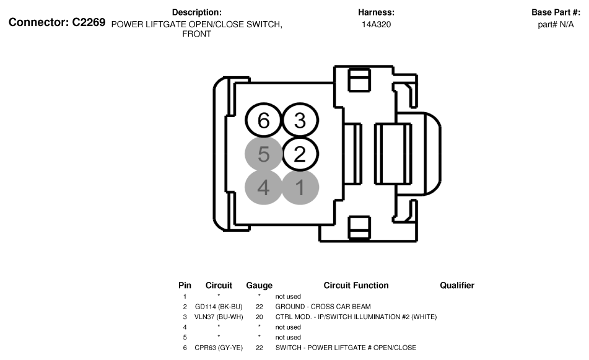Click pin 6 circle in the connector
tap(264, 121)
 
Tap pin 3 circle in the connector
tap(300, 120)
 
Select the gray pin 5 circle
tap(264, 154)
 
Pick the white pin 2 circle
tap(300, 154)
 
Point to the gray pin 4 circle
tap(264, 187)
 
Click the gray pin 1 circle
tap(300, 187)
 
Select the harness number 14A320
tap(376, 25)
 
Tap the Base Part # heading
tap(556, 12)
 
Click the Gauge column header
tap(259, 286)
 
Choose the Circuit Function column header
tap(356, 286)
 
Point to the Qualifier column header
tap(457, 286)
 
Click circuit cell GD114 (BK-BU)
tap(219, 307)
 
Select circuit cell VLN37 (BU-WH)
tap(219, 317)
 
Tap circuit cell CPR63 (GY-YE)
tap(219, 348)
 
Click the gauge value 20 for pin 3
tap(259, 317)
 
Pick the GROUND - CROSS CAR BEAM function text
tap(323, 307)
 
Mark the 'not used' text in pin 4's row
tap(288, 327)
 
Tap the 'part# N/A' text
tap(556, 25)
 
